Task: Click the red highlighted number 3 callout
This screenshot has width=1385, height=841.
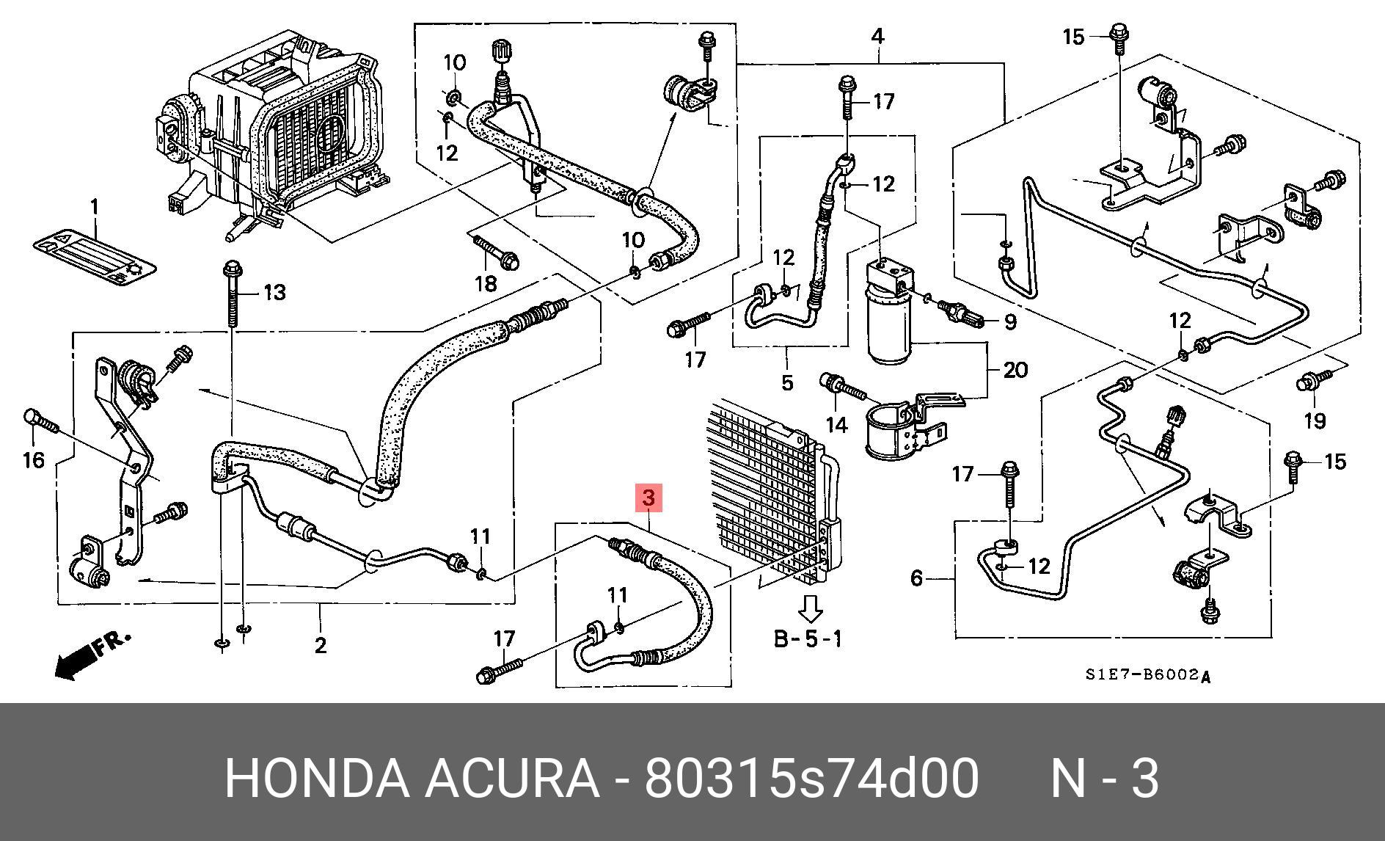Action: coord(648,498)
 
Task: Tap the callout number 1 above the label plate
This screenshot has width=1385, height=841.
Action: coord(94,208)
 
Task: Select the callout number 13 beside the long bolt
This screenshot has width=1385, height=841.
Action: coord(273,294)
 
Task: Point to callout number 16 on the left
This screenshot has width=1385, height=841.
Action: coord(34,460)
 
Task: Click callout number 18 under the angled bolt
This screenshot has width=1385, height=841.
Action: coord(486,283)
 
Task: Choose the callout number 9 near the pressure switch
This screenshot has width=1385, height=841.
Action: coord(1009,321)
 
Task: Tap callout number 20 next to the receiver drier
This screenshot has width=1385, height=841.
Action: coord(1015,370)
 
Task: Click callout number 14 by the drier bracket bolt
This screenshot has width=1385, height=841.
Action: coord(836,424)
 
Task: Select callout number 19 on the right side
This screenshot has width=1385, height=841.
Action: coord(1315,420)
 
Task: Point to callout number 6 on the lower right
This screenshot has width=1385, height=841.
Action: coord(916,579)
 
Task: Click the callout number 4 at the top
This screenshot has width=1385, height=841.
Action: coord(877,36)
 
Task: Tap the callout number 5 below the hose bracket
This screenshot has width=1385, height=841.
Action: coord(787,382)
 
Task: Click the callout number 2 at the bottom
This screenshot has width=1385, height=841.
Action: coord(320,646)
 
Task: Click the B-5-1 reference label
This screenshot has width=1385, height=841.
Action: coord(808,638)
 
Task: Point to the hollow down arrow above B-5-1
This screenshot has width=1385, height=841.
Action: coord(810,608)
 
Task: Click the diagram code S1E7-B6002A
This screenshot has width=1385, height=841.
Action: coord(1148,675)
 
